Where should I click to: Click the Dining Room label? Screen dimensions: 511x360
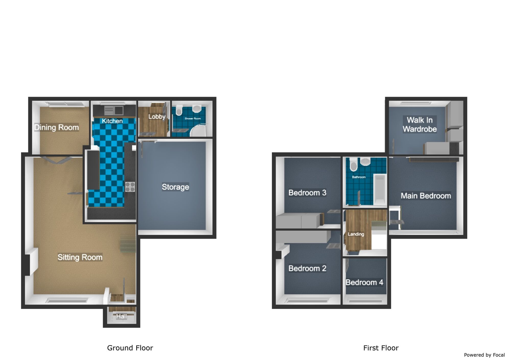click(56, 127)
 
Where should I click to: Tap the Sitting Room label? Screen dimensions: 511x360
click(80, 257)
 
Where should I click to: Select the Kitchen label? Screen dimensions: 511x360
click(112, 121)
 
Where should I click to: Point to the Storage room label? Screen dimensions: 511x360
click(176, 187)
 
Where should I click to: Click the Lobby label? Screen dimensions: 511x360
click(157, 117)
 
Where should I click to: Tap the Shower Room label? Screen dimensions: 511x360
click(193, 119)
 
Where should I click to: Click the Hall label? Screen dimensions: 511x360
click(121, 316)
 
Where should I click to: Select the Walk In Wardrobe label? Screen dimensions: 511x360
click(420, 124)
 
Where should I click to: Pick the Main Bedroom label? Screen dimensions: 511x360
click(426, 196)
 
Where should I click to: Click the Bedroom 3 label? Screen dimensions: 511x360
click(307, 193)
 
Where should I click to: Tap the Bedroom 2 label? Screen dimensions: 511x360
click(307, 268)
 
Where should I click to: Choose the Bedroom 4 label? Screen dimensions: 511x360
click(364, 282)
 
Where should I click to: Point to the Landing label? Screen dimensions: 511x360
click(356, 234)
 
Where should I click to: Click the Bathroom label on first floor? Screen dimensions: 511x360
click(359, 177)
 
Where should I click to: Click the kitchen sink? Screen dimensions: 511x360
click(114, 110)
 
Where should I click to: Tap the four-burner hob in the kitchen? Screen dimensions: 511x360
click(130, 187)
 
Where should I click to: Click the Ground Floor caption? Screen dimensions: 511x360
click(130, 348)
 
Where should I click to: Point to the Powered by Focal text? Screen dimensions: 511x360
click(484, 355)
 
